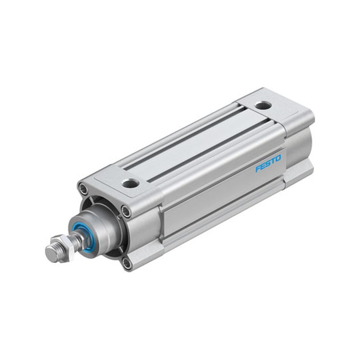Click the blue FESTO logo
point(268,163)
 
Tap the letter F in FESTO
point(258,169)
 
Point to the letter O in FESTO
point(278,158)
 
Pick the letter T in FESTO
point(273,161)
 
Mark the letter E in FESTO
point(263,166)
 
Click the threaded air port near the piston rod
point(130,184)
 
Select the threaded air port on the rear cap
point(263,106)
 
